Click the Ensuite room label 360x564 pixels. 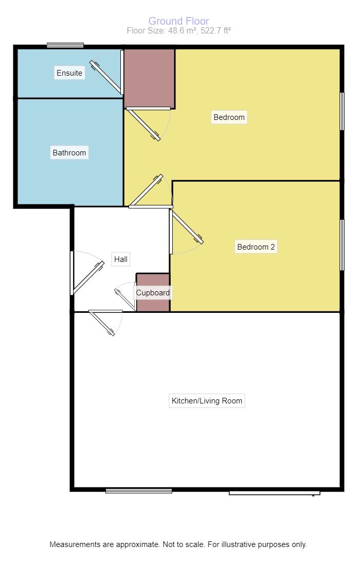69,73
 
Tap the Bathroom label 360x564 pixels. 69,152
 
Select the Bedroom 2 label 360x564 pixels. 256,247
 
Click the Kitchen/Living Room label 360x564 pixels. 207,401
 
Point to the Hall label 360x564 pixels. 121,259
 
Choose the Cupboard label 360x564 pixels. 153,292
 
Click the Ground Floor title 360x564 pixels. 179,21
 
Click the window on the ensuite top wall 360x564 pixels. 65,45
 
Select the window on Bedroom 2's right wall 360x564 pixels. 342,245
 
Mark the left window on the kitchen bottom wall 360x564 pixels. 139,491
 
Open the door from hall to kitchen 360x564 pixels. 105,322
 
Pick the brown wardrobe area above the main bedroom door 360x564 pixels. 150,78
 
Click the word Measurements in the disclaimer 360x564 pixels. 75,544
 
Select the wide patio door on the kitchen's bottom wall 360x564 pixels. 275,493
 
